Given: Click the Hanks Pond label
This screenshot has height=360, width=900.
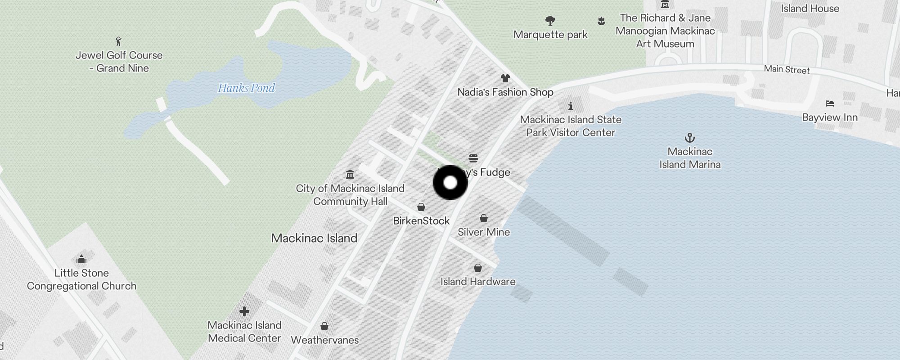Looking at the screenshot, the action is coord(246,88).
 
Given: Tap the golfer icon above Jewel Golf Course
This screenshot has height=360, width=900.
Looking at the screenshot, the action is coord(118,41).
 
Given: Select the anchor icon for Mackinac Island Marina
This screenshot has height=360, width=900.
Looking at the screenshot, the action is coord(689,138).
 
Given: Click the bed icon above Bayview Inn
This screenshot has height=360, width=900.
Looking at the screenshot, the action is coord(830,103).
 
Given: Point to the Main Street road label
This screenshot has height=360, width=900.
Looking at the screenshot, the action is coord(787,69).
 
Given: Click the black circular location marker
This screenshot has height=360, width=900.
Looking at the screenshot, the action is coord(450,183).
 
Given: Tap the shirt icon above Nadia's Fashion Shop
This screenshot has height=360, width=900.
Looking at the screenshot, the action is coord(505,78).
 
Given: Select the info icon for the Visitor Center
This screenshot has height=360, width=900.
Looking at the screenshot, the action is coord(570,106).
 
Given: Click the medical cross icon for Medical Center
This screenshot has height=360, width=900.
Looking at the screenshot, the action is coord(244,311).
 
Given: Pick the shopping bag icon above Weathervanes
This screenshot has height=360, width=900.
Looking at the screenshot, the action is coord(324,326).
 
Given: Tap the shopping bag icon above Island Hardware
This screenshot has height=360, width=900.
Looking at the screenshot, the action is coord(477,268).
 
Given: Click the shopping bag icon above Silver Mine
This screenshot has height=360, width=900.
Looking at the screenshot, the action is coord(484,218).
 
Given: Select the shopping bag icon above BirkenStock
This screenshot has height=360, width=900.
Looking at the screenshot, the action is coord(421,207).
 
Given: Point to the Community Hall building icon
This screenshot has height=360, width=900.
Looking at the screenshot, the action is coord(350,174).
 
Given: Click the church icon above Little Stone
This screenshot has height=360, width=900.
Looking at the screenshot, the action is coord(81,259).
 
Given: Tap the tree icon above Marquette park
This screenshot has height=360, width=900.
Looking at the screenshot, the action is coord(550,20).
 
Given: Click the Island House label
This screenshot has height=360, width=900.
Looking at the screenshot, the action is coord(810,9).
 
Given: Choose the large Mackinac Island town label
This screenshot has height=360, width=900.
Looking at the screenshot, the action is coord(314,238).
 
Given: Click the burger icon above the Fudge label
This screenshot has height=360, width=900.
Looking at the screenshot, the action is coord(473,158).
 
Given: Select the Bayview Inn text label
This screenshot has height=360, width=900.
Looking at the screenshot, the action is coord(830,117).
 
